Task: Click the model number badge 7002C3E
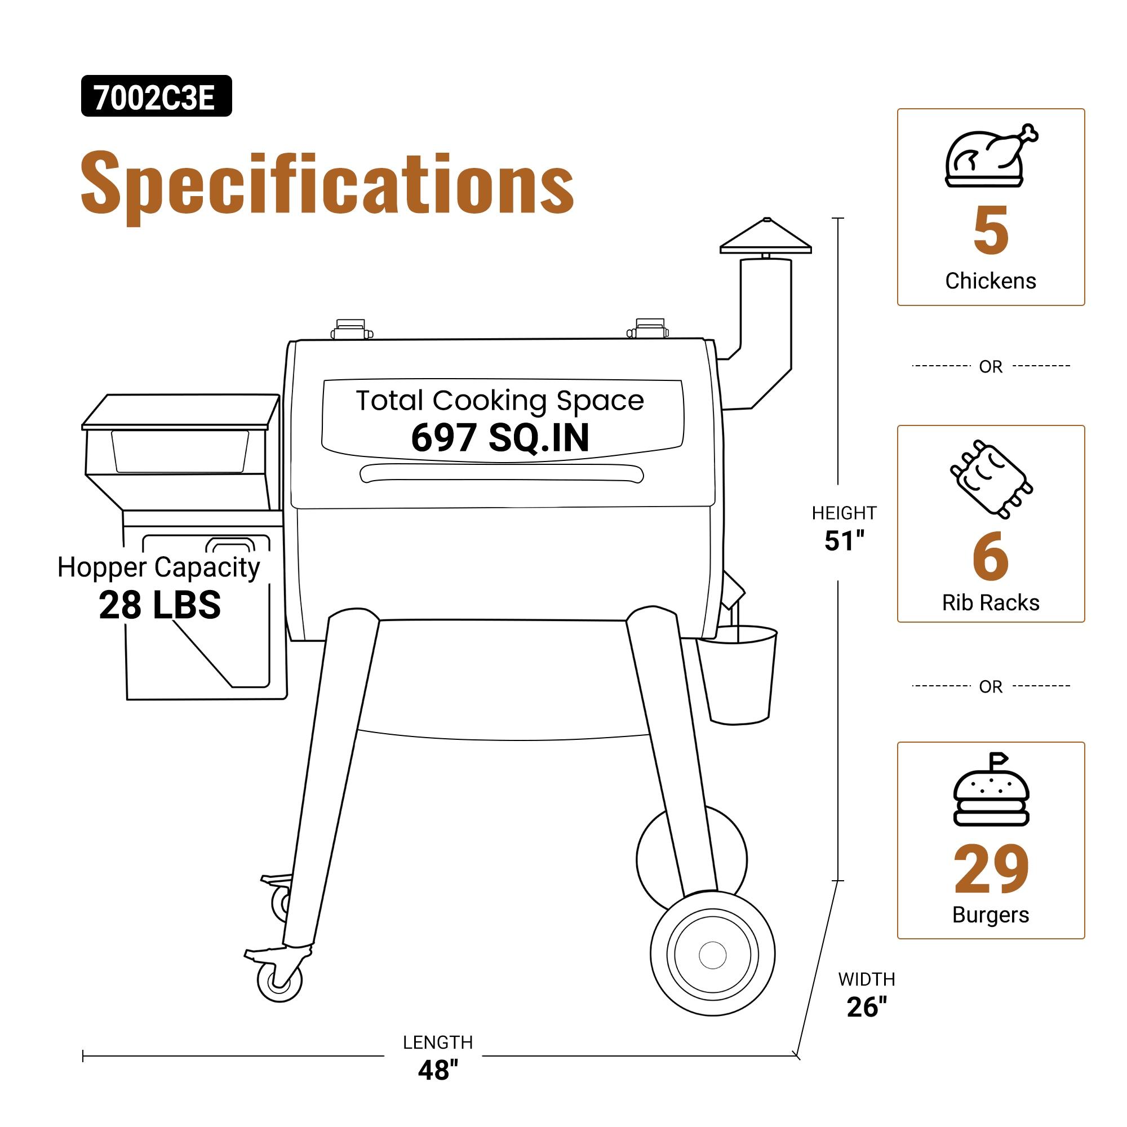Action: point(156,96)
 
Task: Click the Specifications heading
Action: point(327,184)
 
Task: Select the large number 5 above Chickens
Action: point(991,231)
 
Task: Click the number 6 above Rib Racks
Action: point(990,557)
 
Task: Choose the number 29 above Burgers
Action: point(991,869)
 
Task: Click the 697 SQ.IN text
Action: point(500,437)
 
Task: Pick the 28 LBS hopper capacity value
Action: point(160,605)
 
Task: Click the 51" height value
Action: point(844,541)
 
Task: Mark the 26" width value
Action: point(866,1007)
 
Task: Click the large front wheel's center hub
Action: point(712,955)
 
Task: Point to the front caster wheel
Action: point(279,979)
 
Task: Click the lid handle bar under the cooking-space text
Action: point(501,473)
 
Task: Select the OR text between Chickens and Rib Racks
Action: point(990,367)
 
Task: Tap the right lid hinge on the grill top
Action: point(649,329)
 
